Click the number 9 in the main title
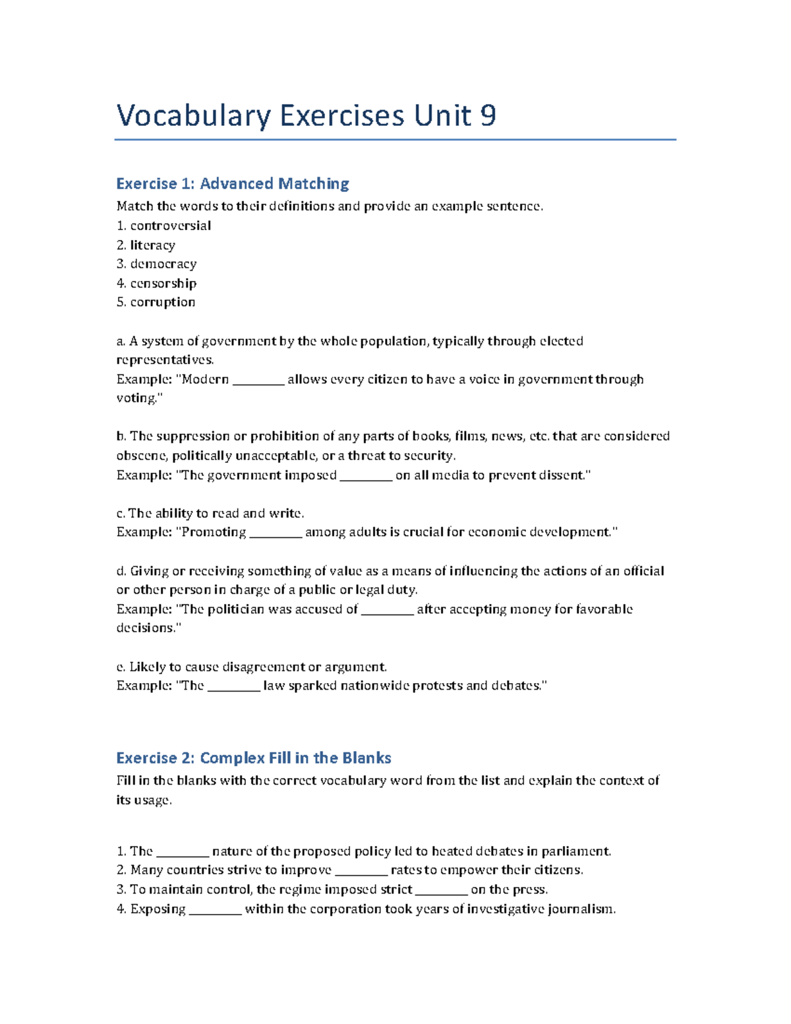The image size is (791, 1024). pyautogui.click(x=488, y=116)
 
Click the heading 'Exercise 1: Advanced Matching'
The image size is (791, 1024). pyautogui.click(x=232, y=183)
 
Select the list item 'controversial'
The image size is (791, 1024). pyautogui.click(x=170, y=226)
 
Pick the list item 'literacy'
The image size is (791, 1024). pyautogui.click(x=152, y=245)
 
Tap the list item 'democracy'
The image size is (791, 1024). pyautogui.click(x=163, y=264)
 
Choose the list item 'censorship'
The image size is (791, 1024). pyautogui.click(x=163, y=283)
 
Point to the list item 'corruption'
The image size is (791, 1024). pyautogui.click(x=162, y=302)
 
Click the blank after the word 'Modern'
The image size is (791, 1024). pyautogui.click(x=258, y=380)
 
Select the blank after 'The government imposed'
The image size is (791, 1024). pyautogui.click(x=366, y=475)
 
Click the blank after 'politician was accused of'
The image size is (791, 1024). pyautogui.click(x=388, y=610)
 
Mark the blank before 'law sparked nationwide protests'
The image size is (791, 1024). pyautogui.click(x=234, y=686)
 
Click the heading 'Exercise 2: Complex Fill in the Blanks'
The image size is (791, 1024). pyautogui.click(x=253, y=758)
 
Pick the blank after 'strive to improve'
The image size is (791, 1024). pyautogui.click(x=361, y=870)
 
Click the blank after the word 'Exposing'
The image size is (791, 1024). pyautogui.click(x=215, y=910)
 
